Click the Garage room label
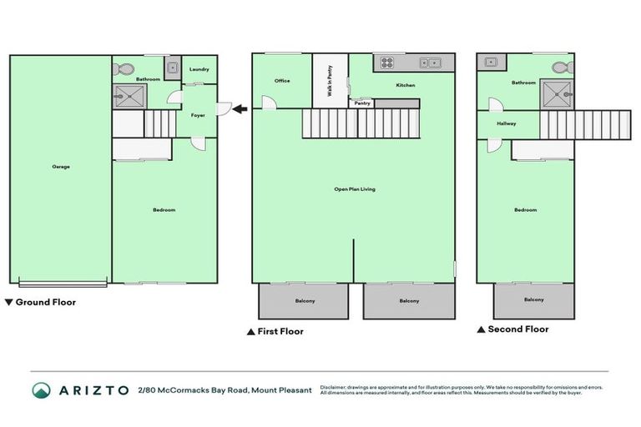click(61, 167)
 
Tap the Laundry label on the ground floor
click(199, 69)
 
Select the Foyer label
click(198, 115)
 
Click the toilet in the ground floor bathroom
click(124, 69)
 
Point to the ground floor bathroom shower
click(129, 97)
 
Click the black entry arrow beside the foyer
click(239, 108)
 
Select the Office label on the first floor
click(282, 81)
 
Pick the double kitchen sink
click(431, 62)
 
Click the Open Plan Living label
click(355, 189)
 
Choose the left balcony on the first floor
click(304, 300)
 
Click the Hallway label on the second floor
click(507, 123)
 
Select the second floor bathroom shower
click(556, 94)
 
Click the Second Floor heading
click(517, 329)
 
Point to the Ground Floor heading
click(45, 303)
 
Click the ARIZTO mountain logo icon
click(41, 390)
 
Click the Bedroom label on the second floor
click(525, 210)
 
